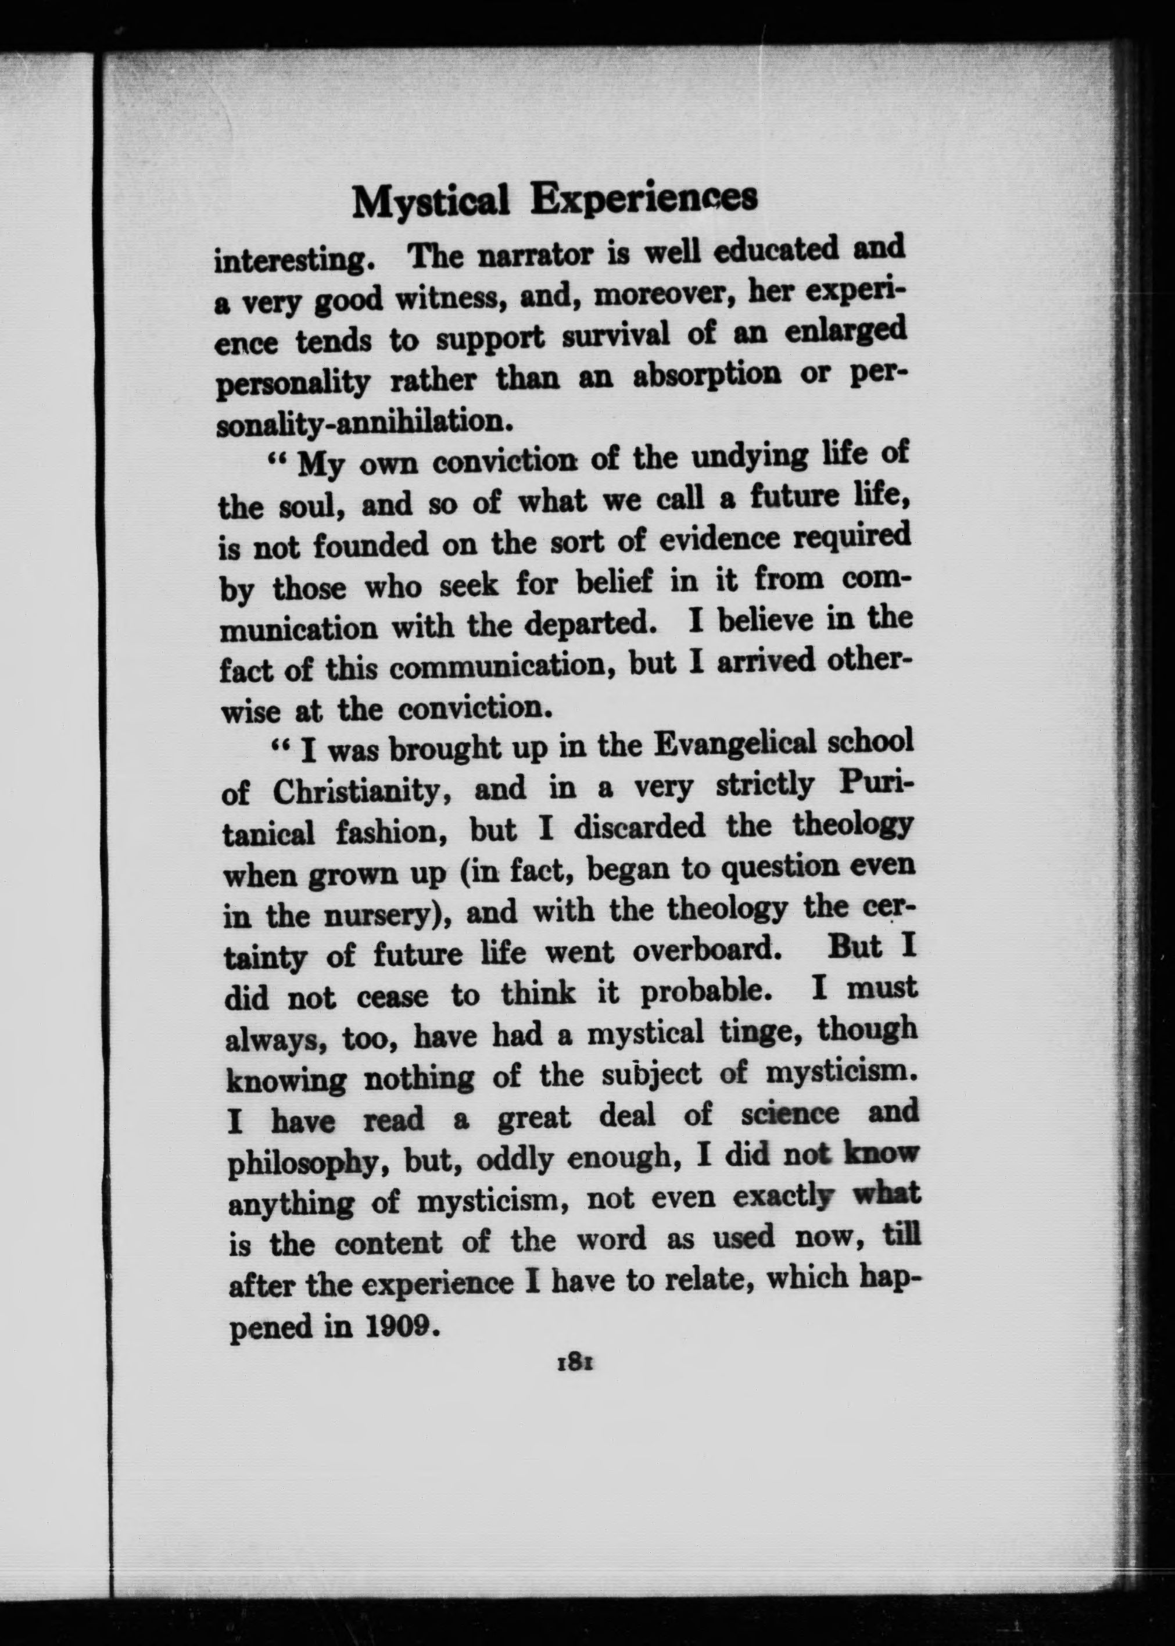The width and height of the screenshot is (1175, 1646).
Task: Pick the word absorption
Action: [706, 376]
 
